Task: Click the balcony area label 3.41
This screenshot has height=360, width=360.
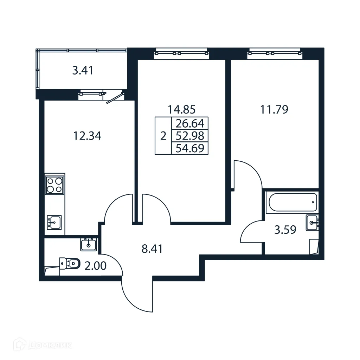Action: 83,71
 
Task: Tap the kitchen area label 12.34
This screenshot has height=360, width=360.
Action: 87,135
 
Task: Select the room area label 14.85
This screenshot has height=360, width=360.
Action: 181,110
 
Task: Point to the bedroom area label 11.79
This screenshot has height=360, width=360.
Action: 274,110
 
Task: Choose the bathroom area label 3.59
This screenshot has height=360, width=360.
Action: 285,230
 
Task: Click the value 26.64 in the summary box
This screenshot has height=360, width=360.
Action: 190,123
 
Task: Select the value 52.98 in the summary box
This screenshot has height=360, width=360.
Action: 190,136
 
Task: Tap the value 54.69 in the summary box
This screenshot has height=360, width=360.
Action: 190,148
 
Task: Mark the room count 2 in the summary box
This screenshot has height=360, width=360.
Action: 163,136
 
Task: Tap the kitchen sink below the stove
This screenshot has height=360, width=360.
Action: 54,223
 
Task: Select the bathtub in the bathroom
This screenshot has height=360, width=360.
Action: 292,202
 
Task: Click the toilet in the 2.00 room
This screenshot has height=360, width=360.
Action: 70,263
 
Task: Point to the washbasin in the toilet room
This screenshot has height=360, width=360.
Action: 89,244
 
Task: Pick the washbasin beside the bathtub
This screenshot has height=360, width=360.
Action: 312,222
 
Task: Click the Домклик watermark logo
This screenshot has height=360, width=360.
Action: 37,345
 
